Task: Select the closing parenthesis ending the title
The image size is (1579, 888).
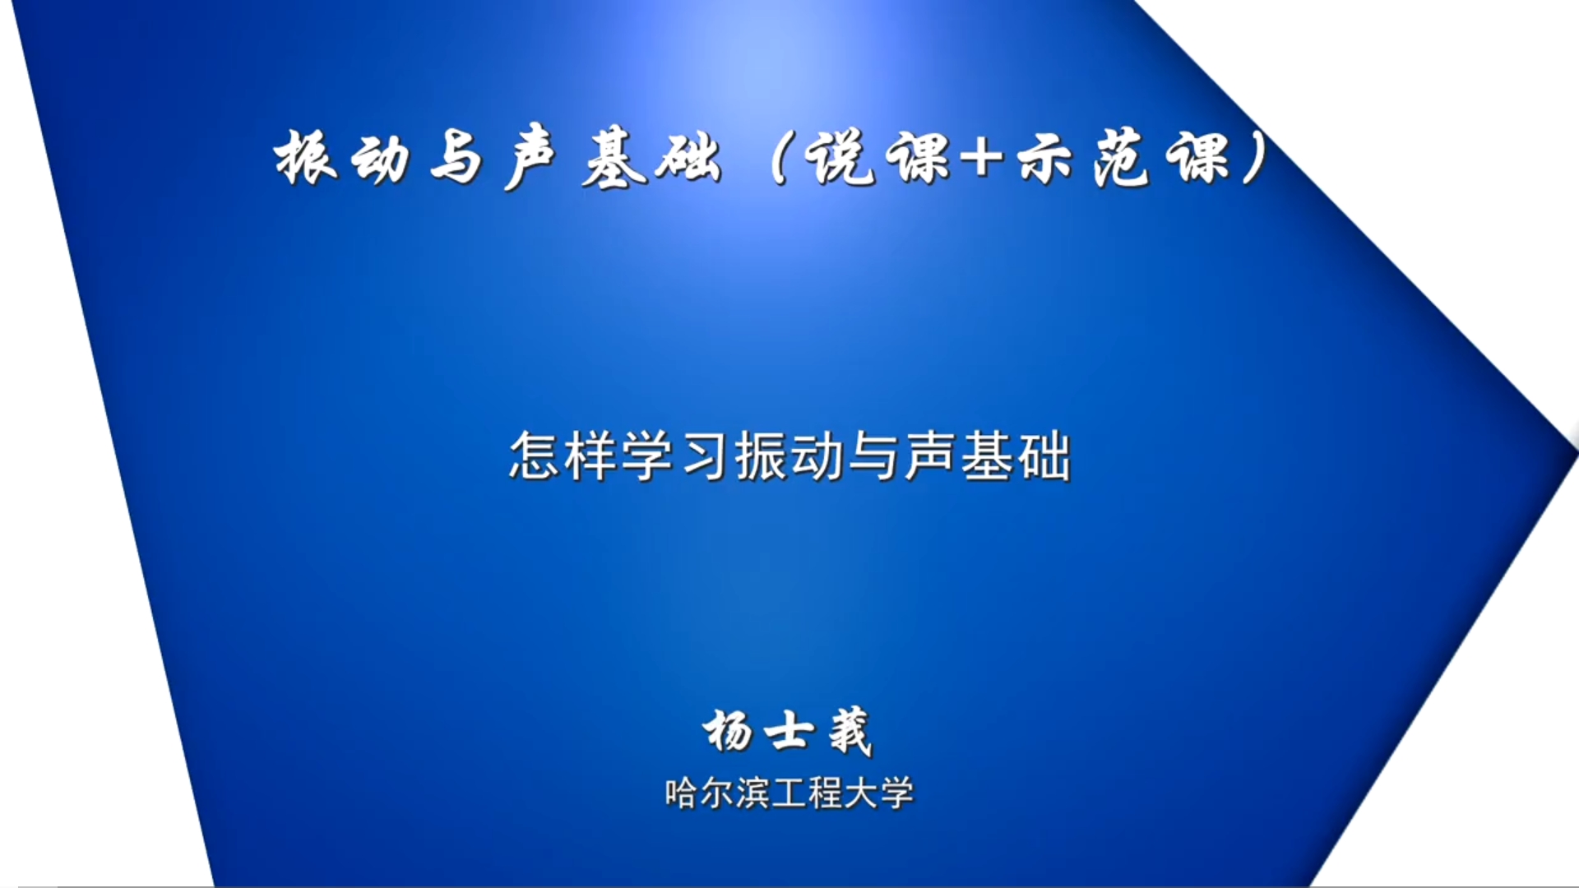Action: click(x=1253, y=158)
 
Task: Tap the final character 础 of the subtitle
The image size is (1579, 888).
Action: click(x=1044, y=456)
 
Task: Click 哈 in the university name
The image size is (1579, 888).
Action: click(x=681, y=793)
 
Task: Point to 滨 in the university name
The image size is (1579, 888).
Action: click(x=752, y=793)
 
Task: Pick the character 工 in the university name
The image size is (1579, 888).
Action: click(x=788, y=793)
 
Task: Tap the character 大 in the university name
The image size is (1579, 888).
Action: click(x=860, y=793)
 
